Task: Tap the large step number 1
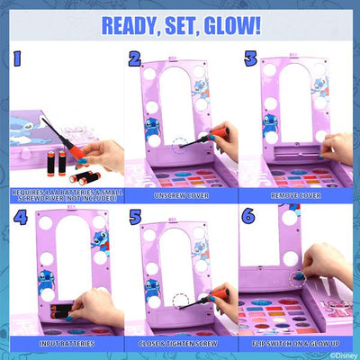click(13, 61)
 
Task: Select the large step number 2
click(134, 61)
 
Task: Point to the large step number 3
click(251, 61)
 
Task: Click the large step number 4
click(17, 218)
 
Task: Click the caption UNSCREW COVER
click(180, 193)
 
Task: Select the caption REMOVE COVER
click(297, 193)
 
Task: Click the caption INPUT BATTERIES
click(61, 342)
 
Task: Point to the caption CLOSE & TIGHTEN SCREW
click(180, 342)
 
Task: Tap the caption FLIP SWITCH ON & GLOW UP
click(297, 342)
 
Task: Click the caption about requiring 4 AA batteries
click(61, 195)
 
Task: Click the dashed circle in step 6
click(298, 277)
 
